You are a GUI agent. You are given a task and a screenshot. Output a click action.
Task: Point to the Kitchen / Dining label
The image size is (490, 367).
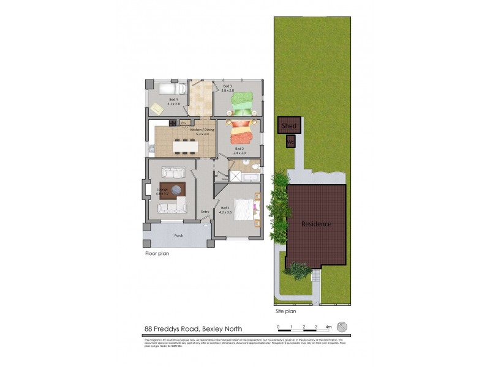tap(202, 132)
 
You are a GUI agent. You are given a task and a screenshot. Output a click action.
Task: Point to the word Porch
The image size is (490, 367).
tap(178, 235)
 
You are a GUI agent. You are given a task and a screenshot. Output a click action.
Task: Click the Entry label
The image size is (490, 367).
tap(205, 212)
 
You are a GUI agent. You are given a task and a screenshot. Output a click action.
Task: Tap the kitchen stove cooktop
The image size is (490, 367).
tap(172, 124)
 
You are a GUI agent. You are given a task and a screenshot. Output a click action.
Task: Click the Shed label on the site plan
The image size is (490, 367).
tap(289, 126)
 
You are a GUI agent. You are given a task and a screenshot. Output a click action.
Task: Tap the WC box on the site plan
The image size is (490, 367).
tap(290, 142)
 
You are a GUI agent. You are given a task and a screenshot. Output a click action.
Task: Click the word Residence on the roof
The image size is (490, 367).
tap(316, 224)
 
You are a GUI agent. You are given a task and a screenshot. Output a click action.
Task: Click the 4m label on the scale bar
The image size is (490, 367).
tap(328, 327)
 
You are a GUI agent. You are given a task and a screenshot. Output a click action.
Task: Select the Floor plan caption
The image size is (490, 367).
tap(157, 253)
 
